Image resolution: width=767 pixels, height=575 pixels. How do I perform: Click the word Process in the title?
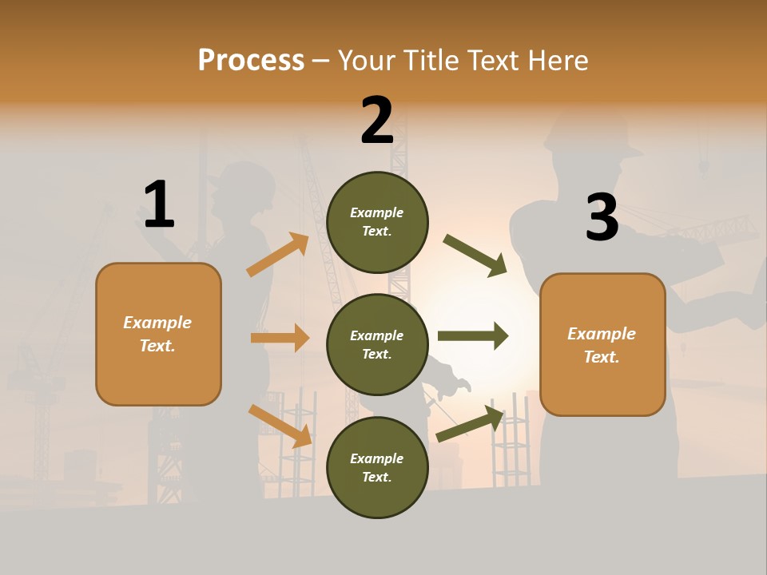(251, 61)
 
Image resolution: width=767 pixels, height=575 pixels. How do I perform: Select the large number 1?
(159, 204)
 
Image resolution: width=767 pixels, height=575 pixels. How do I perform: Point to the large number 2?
(377, 121)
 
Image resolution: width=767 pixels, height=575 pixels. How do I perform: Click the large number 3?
(602, 217)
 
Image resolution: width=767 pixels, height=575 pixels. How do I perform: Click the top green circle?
(377, 222)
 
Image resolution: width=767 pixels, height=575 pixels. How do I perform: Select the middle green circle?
(377, 344)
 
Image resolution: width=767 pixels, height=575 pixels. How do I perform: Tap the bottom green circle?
(377, 467)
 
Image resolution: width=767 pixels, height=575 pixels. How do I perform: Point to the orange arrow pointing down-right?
(280, 426)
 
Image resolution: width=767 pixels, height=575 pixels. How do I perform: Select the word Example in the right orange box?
(602, 334)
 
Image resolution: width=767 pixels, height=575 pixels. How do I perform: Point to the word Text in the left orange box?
(156, 346)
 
